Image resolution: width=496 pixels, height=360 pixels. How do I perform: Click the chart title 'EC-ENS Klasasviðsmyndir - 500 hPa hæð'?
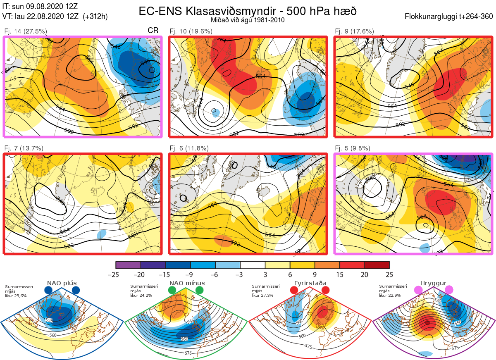pyautogui.click(x=248, y=11)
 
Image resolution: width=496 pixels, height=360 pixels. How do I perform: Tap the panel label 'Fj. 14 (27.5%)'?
pyautogui.click(x=25, y=31)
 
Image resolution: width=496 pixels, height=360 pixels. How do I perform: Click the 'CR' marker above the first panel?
pyautogui.click(x=153, y=31)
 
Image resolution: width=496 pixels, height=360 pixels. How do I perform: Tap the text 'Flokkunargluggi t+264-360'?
pyautogui.click(x=449, y=17)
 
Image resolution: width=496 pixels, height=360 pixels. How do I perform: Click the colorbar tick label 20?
pyautogui.click(x=365, y=275)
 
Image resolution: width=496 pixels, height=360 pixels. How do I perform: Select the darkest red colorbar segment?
pyautogui.click(x=377, y=265)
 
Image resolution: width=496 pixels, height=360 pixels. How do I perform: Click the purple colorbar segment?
pyautogui.click(x=128, y=265)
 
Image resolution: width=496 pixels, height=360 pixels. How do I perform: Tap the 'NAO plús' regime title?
pyautogui.click(x=62, y=284)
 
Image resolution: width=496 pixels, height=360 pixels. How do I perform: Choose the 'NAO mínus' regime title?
pyautogui.click(x=187, y=284)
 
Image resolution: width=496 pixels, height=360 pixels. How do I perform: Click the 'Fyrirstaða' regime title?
pyautogui.click(x=310, y=284)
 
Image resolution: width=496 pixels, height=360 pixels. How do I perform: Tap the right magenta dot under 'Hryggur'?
pyautogui.click(x=449, y=290)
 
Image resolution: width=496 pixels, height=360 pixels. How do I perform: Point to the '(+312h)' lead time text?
pyautogui.click(x=95, y=17)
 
